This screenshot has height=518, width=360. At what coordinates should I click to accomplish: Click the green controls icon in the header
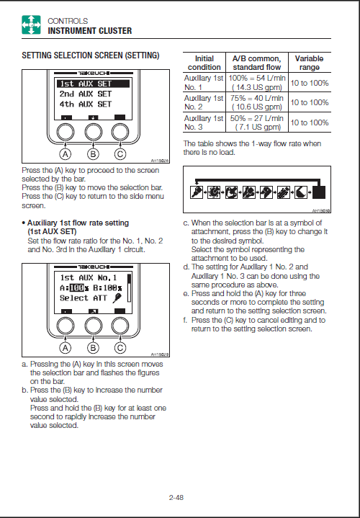(x=31, y=24)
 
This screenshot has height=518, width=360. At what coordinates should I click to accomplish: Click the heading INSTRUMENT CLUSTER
(x=90, y=31)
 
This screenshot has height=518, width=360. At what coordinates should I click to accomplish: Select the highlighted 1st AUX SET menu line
(x=94, y=84)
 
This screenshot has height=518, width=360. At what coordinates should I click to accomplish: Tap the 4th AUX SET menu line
(x=86, y=104)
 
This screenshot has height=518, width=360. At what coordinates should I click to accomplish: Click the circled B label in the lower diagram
(x=93, y=347)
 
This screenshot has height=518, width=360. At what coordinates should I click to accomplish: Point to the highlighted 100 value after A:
(x=77, y=288)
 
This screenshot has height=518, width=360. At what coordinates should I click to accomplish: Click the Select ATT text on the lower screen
(x=84, y=298)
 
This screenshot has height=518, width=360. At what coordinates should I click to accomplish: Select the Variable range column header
(x=309, y=63)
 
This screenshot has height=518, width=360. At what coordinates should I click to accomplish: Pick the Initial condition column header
(x=204, y=63)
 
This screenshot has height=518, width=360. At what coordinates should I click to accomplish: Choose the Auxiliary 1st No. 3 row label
(x=204, y=122)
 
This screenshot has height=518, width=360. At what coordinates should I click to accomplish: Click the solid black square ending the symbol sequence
(x=319, y=192)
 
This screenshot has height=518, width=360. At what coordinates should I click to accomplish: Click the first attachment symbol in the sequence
(x=196, y=192)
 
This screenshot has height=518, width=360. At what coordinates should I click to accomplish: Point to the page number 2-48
(x=176, y=497)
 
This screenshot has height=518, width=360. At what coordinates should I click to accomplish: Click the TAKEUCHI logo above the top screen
(x=94, y=73)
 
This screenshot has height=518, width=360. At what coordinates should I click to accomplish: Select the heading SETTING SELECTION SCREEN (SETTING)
(x=91, y=55)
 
